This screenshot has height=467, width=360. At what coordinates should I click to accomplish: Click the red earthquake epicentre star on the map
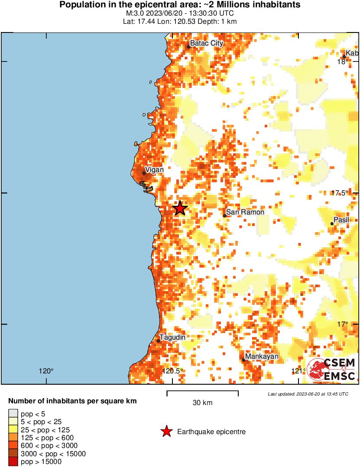click(x=180, y=208)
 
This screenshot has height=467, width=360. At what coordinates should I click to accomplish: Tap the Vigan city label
click(x=154, y=170)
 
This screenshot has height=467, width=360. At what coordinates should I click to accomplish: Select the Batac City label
click(x=207, y=43)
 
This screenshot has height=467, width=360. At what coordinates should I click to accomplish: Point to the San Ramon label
click(x=245, y=212)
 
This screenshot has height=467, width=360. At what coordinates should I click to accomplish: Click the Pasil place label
click(x=341, y=220)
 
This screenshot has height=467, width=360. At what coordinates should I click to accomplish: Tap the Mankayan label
click(x=262, y=357)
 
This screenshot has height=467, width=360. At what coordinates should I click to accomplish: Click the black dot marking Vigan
click(x=144, y=173)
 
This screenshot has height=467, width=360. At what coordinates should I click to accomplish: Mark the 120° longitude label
click(x=46, y=371)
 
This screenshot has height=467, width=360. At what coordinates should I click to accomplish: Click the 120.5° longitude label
click(x=172, y=371)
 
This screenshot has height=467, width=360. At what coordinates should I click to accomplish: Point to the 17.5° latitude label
click(x=340, y=193)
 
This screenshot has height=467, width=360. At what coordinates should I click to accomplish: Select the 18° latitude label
click(x=342, y=62)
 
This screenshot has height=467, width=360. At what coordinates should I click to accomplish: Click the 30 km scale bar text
click(x=202, y=403)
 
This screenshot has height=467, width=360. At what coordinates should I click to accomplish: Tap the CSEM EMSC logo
click(x=332, y=370)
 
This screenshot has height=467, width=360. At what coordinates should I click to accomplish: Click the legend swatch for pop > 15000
click(x=13, y=462)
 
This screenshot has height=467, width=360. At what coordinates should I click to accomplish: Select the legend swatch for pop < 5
click(x=13, y=414)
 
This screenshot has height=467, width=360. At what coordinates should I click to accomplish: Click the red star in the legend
click(x=166, y=431)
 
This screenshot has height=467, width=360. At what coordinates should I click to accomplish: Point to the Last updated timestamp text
click(x=308, y=394)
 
